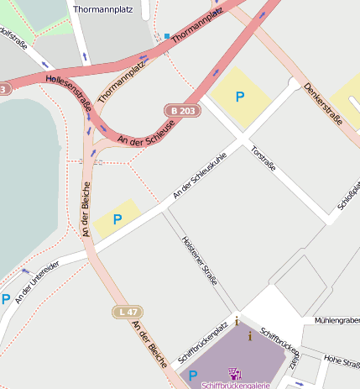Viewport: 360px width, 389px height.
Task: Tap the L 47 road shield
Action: pyautogui.click(x=128, y=312)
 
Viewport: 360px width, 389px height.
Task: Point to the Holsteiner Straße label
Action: pyautogui.click(x=199, y=260)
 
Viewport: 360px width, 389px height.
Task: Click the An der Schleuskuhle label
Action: pyautogui.click(x=200, y=177)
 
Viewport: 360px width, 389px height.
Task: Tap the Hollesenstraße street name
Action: pyautogui.click(x=68, y=92)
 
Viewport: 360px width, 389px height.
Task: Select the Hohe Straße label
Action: pyautogui.click(x=342, y=360)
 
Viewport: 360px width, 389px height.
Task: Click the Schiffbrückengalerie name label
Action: pyautogui.click(x=235, y=385)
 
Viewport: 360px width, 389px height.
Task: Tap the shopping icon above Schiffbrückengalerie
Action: pyautogui.click(x=235, y=372)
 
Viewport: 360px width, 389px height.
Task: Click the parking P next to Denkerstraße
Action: pyautogui.click(x=240, y=97)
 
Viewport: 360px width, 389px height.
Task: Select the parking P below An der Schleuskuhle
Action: pyautogui.click(x=117, y=219)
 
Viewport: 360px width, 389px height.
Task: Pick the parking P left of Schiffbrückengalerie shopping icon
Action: pyautogui.click(x=193, y=376)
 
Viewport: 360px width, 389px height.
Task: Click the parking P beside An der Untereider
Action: pyautogui.click(x=6, y=298)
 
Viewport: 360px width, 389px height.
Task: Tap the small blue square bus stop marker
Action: pyautogui.click(x=167, y=36)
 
